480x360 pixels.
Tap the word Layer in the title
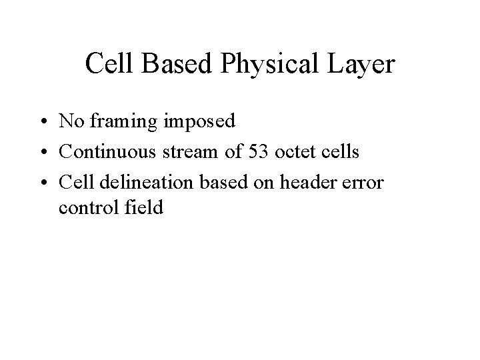[363, 65]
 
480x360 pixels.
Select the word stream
[187, 151]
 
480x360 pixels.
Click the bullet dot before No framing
[41, 121]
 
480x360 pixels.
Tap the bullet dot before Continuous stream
[41, 152]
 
